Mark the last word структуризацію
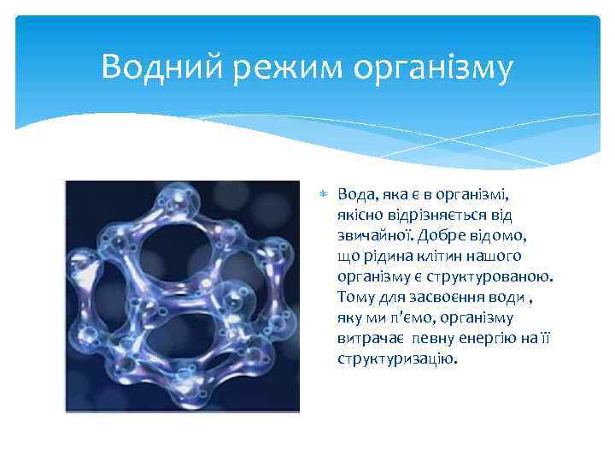[396, 358]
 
